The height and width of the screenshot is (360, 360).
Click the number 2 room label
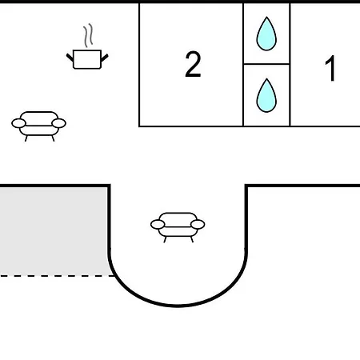[193, 64]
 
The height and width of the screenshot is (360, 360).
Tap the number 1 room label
[330, 68]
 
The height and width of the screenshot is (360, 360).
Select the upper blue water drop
[266, 34]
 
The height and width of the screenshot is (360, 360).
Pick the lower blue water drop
[266, 95]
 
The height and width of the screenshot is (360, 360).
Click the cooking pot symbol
[87, 59]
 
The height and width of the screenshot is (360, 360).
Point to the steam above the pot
[88, 35]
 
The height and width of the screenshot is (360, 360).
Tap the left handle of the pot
[70, 58]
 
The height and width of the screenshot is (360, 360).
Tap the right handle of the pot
[105, 58]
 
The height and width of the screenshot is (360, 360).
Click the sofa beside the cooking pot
[39, 126]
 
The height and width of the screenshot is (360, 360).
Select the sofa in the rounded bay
[178, 227]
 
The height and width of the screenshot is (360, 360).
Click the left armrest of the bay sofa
[158, 225]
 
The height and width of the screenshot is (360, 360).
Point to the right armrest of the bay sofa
[198, 224]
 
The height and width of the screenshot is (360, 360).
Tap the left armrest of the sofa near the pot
[18, 123]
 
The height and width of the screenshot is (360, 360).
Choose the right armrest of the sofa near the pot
[59, 123]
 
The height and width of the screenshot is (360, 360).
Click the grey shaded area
[54, 231]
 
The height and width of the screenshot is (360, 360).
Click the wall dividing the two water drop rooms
[266, 64]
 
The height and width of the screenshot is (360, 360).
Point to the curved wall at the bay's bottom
[178, 306]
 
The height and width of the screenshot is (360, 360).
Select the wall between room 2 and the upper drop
[243, 34]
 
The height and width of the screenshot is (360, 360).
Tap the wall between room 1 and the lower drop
[290, 95]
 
